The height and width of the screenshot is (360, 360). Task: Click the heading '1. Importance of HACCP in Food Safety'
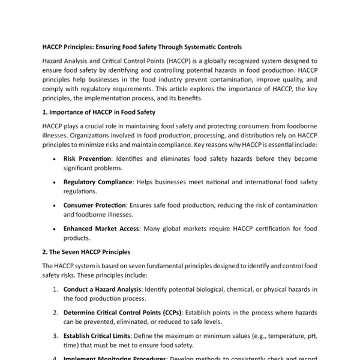100,112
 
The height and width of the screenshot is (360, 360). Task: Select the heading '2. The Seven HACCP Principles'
86,251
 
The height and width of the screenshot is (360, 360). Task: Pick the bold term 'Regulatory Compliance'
97,182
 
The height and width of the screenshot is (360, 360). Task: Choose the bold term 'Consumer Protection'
94,205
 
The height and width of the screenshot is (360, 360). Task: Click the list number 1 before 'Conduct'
55,289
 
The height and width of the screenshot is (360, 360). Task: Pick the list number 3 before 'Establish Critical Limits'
55,336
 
